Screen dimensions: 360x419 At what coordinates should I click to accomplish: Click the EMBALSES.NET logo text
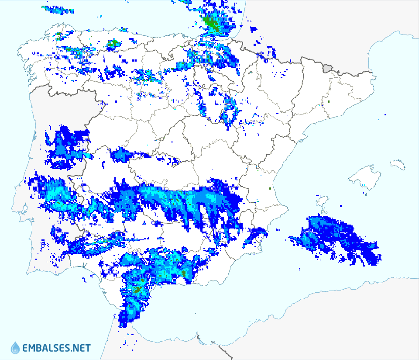(57, 348)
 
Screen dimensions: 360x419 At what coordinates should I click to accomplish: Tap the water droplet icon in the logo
(15, 348)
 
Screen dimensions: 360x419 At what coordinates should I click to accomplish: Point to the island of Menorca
(398, 164)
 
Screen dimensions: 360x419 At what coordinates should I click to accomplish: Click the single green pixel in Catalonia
(329, 102)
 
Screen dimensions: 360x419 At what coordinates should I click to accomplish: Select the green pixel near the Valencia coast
(270, 188)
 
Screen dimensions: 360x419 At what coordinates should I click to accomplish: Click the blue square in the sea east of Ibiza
(341, 206)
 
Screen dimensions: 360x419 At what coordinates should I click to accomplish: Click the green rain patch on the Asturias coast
(113, 43)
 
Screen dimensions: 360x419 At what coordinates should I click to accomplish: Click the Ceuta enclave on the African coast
(199, 337)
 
